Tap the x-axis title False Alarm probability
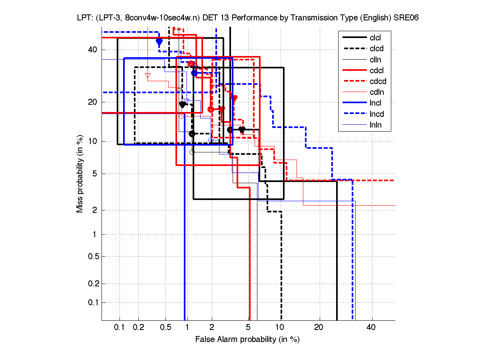(247, 340)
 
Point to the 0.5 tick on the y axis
(92, 256)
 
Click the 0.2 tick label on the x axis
(139, 328)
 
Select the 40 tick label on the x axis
(372, 328)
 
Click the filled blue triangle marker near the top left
(159, 42)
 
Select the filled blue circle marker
(195, 73)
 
